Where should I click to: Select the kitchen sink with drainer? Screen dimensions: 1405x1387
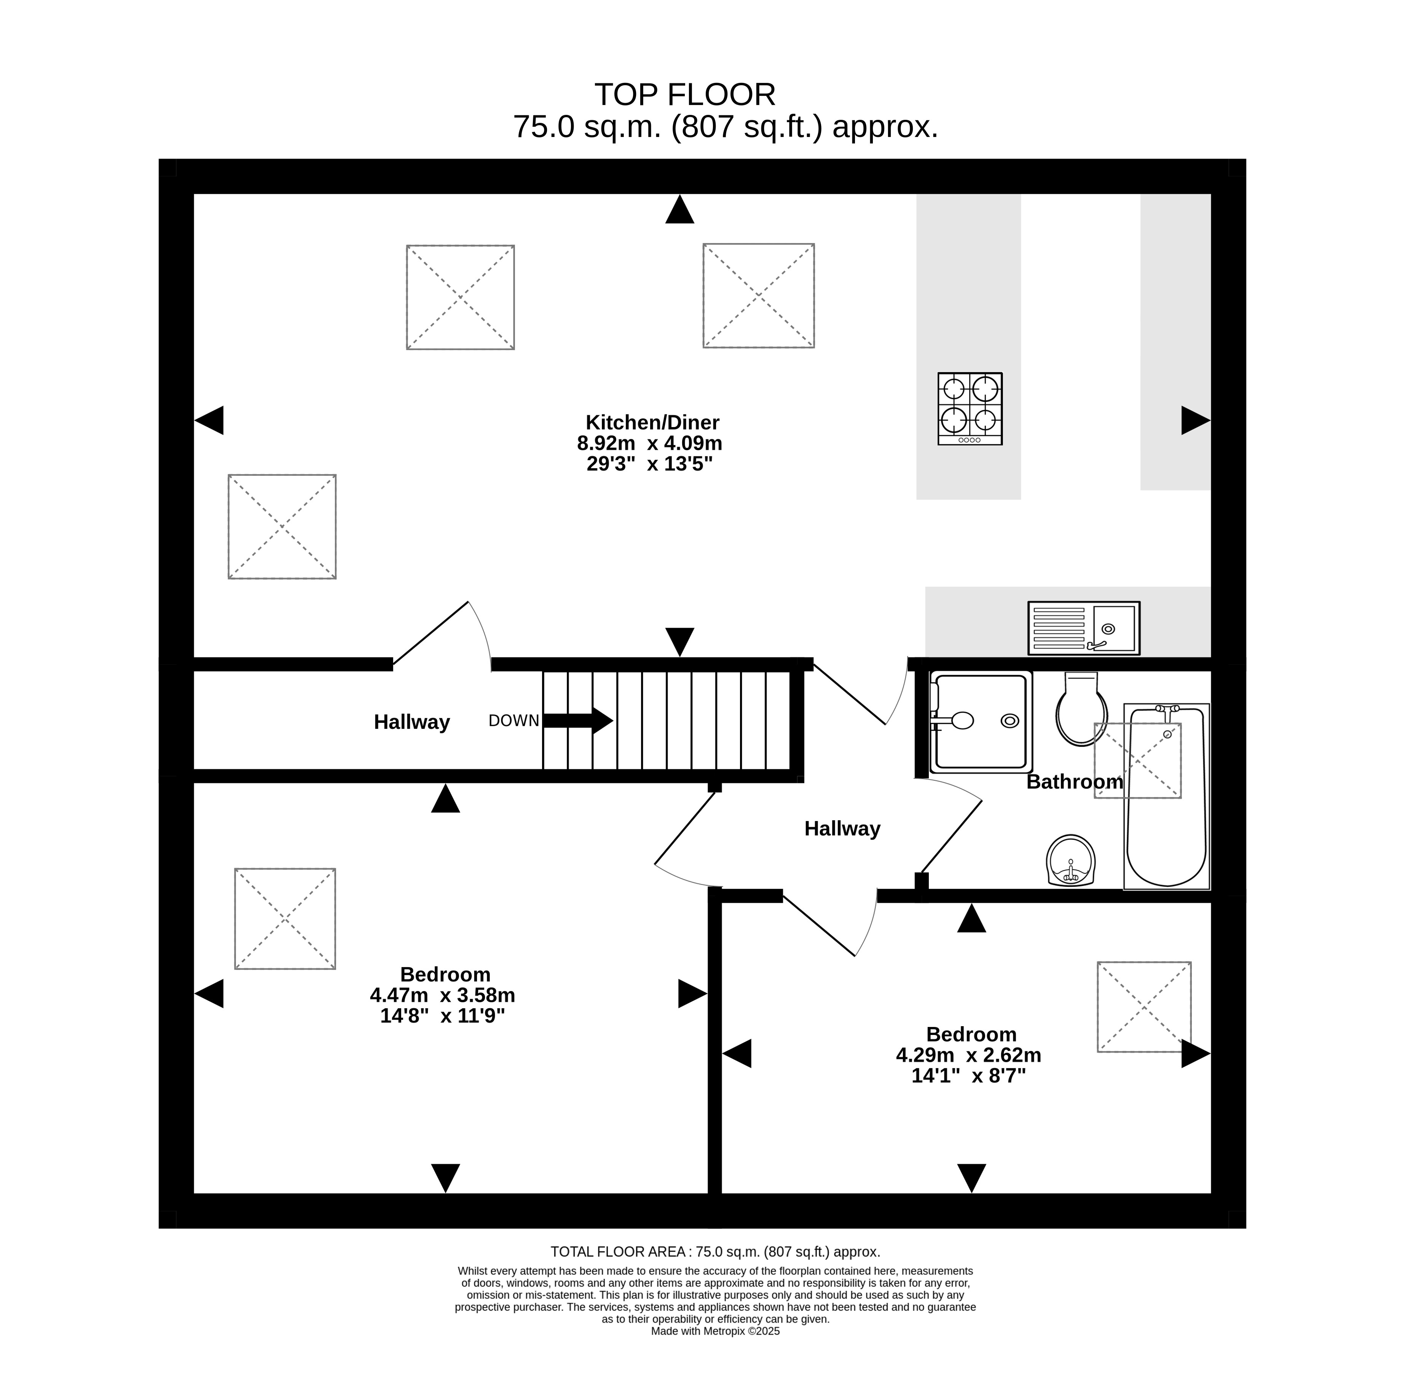click(1084, 628)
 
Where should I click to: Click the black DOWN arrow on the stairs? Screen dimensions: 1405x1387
click(578, 721)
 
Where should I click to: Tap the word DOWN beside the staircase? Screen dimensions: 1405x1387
click(514, 721)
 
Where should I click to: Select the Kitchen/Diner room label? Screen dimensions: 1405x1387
click(652, 422)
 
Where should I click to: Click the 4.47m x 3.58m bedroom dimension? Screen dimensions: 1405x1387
click(442, 995)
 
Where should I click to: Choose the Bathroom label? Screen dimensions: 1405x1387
click(1075, 782)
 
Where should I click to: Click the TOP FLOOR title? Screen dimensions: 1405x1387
click(685, 94)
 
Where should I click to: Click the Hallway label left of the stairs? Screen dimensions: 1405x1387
click(411, 722)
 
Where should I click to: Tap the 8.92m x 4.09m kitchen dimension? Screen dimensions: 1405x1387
click(649, 443)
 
